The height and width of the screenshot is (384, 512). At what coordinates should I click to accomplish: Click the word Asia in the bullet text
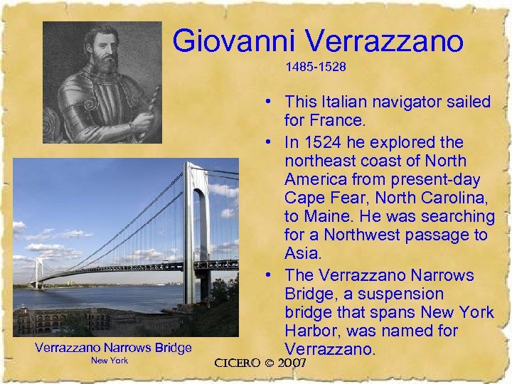(x=301, y=254)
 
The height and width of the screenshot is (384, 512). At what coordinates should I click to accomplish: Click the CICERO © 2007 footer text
(x=260, y=363)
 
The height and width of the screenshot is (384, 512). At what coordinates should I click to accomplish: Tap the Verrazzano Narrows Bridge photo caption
(x=114, y=348)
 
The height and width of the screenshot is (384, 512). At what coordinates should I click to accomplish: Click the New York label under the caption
(x=110, y=361)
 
